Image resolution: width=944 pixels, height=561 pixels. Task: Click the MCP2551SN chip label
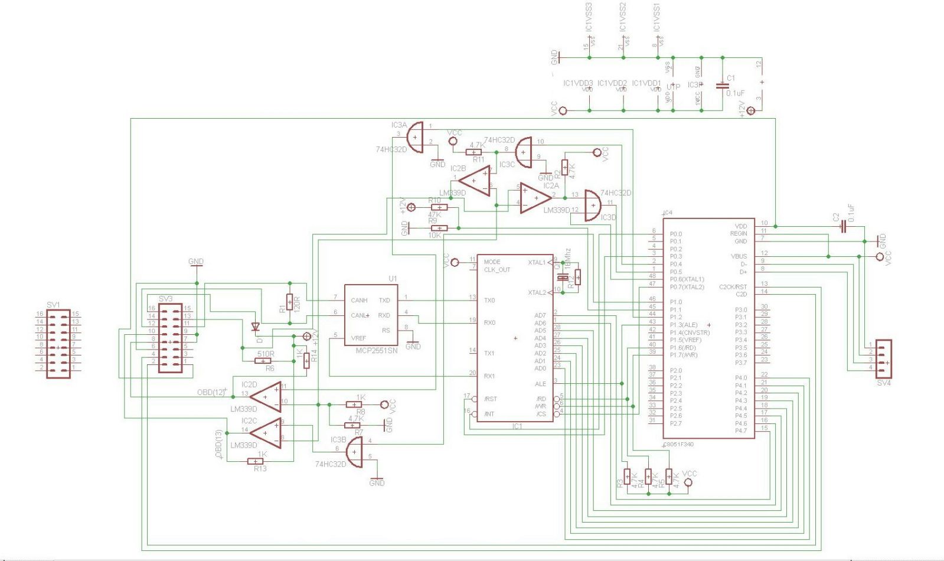click(376, 350)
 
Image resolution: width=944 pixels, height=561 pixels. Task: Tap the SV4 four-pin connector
click(883, 358)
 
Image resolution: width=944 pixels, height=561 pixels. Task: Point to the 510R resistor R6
click(265, 360)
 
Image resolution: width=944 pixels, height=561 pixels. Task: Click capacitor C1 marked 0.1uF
click(722, 86)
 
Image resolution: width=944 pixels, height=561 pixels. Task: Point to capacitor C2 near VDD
click(842, 229)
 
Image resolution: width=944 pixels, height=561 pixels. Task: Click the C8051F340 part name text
click(678, 444)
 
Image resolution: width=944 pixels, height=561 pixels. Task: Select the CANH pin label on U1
click(359, 301)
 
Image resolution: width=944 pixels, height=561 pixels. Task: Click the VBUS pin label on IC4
click(739, 256)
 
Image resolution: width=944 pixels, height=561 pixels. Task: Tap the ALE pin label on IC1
click(540, 384)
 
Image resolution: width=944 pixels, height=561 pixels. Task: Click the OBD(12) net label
click(211, 393)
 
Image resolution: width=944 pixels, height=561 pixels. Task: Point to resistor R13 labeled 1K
click(256, 461)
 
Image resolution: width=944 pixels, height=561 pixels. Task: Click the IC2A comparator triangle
click(535, 198)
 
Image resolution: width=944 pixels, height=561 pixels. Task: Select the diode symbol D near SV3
click(256, 327)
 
